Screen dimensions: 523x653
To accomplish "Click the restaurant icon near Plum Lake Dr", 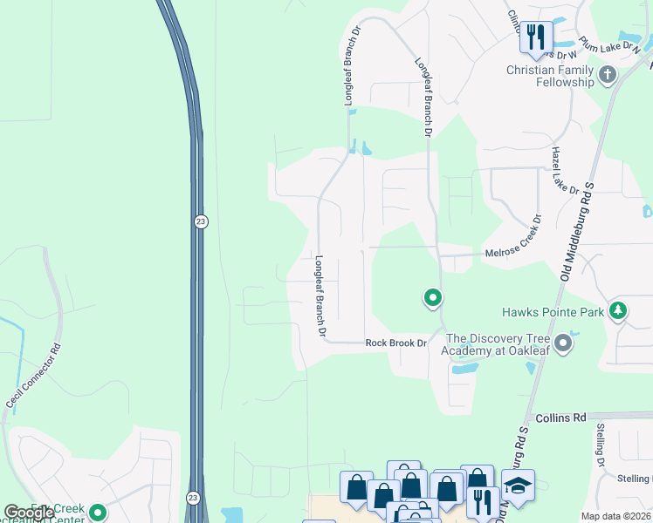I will [535, 37].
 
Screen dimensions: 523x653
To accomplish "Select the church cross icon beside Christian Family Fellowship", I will [608, 76].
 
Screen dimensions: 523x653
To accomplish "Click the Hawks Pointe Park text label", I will [552, 311].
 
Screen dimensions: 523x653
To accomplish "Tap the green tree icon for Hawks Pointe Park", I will [618, 310].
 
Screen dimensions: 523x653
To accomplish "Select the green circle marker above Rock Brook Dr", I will [432, 299].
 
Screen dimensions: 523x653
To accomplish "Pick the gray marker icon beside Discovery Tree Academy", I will [563, 343].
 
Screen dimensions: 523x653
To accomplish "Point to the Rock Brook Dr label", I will [395, 343].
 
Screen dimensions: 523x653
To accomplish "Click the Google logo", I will [28, 513].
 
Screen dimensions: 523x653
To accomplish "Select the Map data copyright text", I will [615, 516].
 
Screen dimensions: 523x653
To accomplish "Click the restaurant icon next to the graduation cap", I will [481, 500].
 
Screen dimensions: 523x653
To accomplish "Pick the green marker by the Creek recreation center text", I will [98, 513].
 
